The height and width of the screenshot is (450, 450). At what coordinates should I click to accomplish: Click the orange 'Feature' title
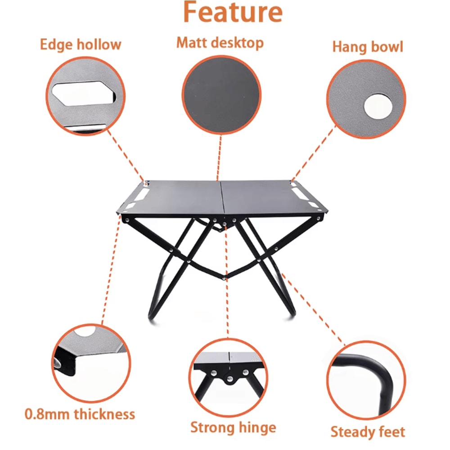pyautogui.click(x=232, y=13)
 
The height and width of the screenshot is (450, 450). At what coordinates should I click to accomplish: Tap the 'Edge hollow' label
pyautogui.click(x=81, y=45)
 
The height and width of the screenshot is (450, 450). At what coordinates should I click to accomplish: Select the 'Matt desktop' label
pyautogui.click(x=220, y=43)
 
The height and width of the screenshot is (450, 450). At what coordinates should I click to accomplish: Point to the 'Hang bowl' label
pyautogui.click(x=368, y=47)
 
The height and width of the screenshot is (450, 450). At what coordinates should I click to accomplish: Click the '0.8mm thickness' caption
pyautogui.click(x=80, y=414)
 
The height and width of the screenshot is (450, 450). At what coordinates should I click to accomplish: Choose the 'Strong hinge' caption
pyautogui.click(x=233, y=427)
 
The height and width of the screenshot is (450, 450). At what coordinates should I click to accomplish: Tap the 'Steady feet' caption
pyautogui.click(x=368, y=432)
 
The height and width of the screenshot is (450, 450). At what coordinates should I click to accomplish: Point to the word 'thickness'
pyautogui.click(x=105, y=414)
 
